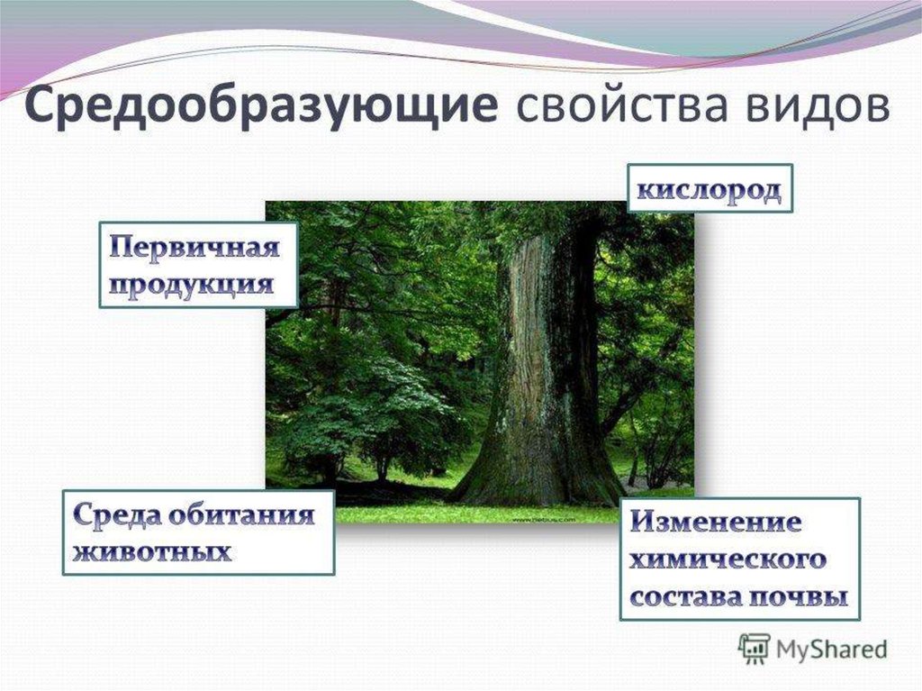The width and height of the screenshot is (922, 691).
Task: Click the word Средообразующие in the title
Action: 261,107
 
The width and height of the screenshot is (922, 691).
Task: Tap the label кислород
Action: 710,190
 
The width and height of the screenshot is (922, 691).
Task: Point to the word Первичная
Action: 194,247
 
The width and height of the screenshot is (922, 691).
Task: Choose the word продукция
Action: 192,285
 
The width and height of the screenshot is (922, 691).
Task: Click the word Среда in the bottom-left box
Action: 117,515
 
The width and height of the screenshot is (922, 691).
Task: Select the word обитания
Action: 242,515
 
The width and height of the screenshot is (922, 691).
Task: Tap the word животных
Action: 151,553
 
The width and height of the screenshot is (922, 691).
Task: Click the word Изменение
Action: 716,523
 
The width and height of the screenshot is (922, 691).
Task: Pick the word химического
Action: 728,559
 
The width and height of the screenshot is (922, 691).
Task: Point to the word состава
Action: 685,596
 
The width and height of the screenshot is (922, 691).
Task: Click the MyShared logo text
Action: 831,650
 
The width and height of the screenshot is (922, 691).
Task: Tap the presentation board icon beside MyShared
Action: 755,649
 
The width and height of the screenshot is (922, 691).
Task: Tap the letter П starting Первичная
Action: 122,247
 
